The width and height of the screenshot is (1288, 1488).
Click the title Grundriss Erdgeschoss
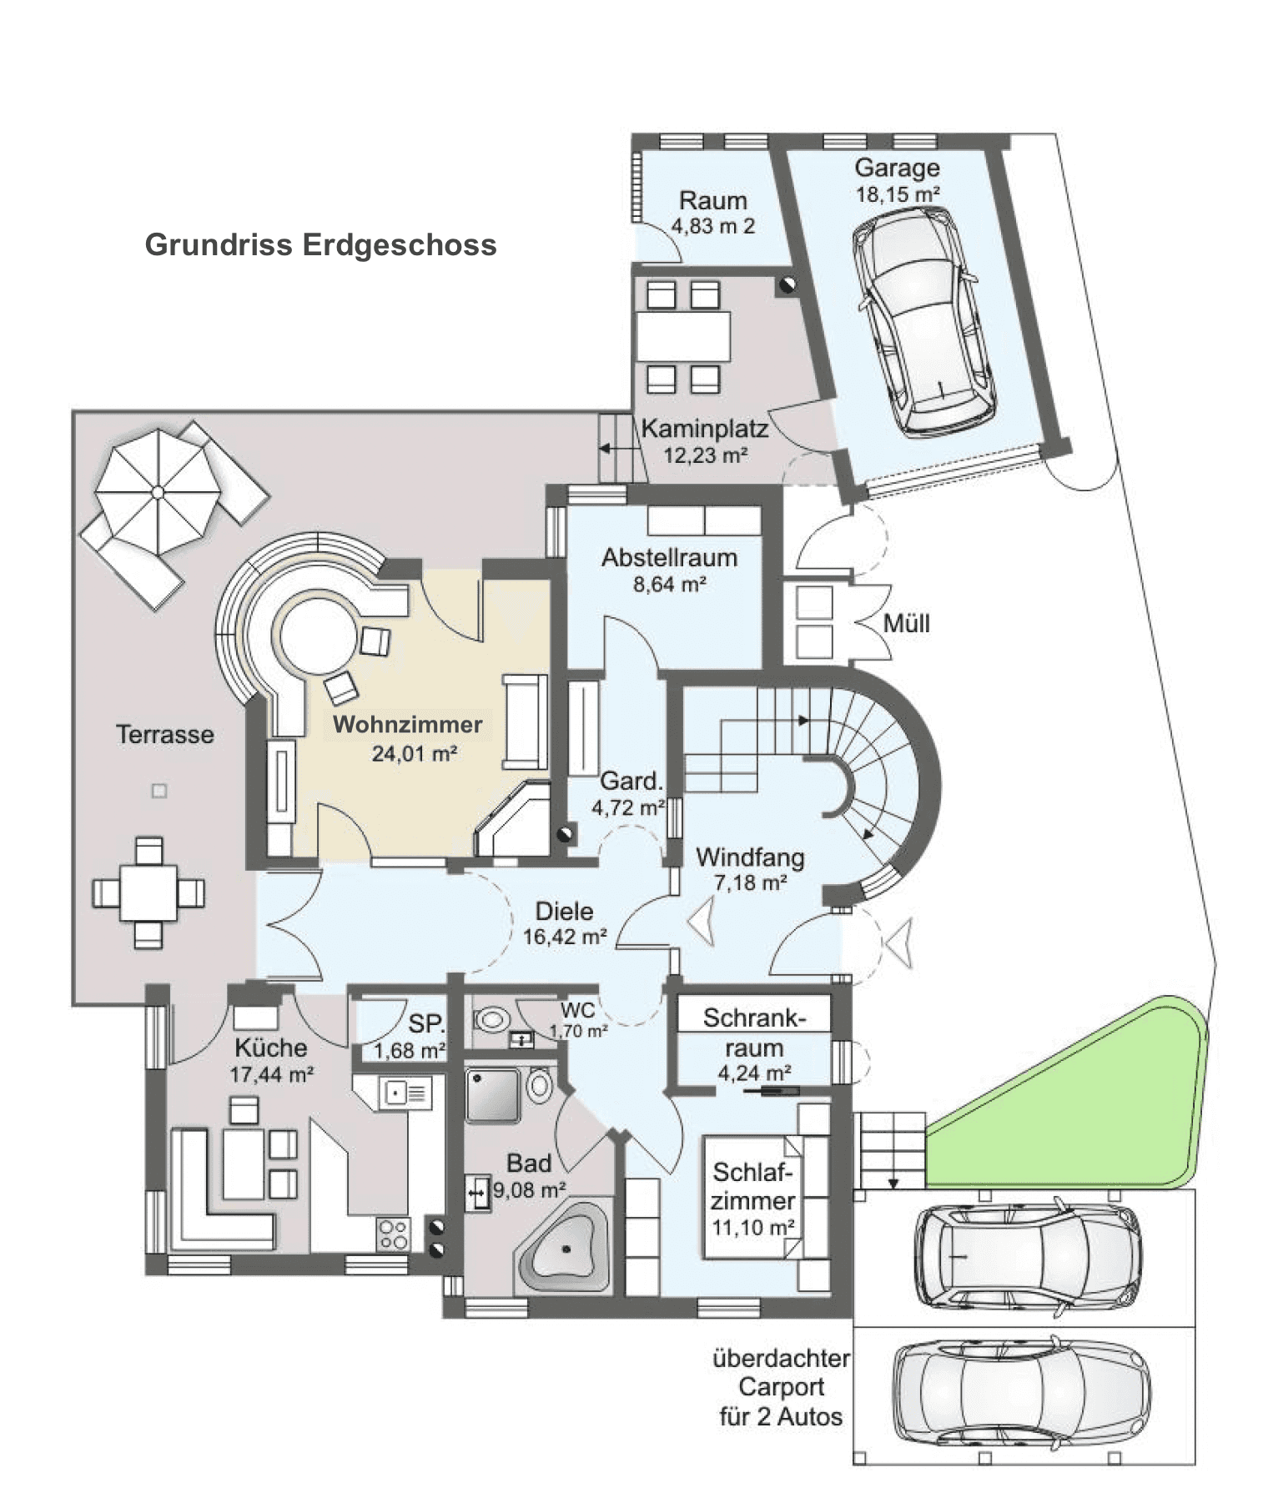pyautogui.click(x=320, y=245)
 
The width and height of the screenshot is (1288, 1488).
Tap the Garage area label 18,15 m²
pyautogui.click(x=898, y=195)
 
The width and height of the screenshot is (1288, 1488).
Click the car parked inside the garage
pyautogui.click(x=923, y=321)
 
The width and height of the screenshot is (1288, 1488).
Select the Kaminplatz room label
pyautogui.click(x=705, y=430)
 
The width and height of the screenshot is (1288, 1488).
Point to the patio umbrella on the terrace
pyautogui.click(x=156, y=493)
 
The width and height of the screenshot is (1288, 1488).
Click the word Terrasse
pyautogui.click(x=165, y=735)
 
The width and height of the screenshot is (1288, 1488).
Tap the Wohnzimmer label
pyautogui.click(x=408, y=724)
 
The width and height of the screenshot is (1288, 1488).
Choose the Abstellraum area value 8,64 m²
pyautogui.click(x=669, y=585)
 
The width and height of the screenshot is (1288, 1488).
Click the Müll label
pyautogui.click(x=906, y=624)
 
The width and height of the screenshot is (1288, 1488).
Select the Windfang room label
pyautogui.click(x=750, y=857)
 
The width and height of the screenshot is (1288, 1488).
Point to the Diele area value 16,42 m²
pyautogui.click(x=565, y=937)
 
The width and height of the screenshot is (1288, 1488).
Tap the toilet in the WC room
pyautogui.click(x=493, y=1019)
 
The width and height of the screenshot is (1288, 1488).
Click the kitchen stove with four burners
pyautogui.click(x=394, y=1234)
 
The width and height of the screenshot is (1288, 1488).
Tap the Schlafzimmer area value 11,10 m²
pyautogui.click(x=752, y=1228)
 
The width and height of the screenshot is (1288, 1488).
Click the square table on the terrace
pyautogui.click(x=148, y=892)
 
